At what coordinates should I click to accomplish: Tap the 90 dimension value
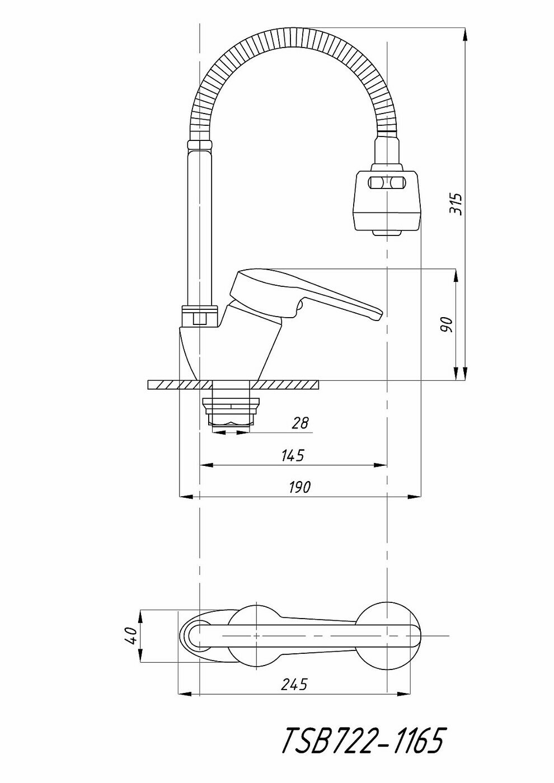coord(446,324)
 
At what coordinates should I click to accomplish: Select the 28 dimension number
coord(301,423)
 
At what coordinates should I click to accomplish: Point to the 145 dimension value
coord(293,455)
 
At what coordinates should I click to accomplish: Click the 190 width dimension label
coord(299,487)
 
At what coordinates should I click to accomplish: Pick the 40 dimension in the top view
coord(133,636)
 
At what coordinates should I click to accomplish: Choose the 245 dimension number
coord(295,683)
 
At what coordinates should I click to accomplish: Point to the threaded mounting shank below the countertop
coord(231,411)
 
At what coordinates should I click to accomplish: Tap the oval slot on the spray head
coord(387,183)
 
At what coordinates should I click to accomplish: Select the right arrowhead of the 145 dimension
coord(383,464)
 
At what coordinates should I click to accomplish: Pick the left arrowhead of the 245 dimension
coord(182,693)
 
